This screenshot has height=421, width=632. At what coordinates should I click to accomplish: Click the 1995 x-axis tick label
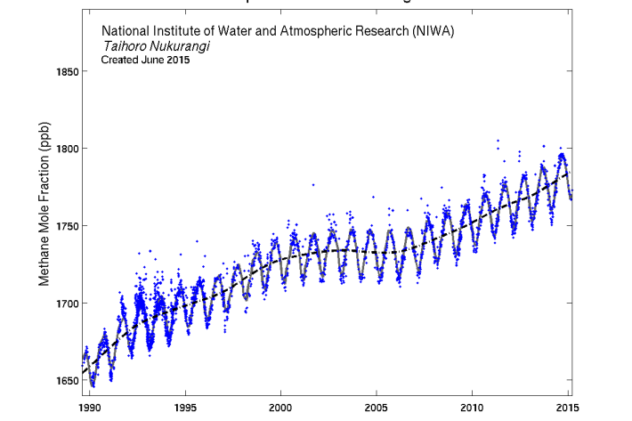[185, 408]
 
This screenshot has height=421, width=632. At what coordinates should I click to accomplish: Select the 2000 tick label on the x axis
[281, 408]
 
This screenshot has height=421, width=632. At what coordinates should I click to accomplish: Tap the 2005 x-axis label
[377, 408]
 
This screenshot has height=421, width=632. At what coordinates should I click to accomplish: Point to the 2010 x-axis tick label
[473, 408]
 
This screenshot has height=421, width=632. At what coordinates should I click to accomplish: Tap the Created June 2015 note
[145, 61]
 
